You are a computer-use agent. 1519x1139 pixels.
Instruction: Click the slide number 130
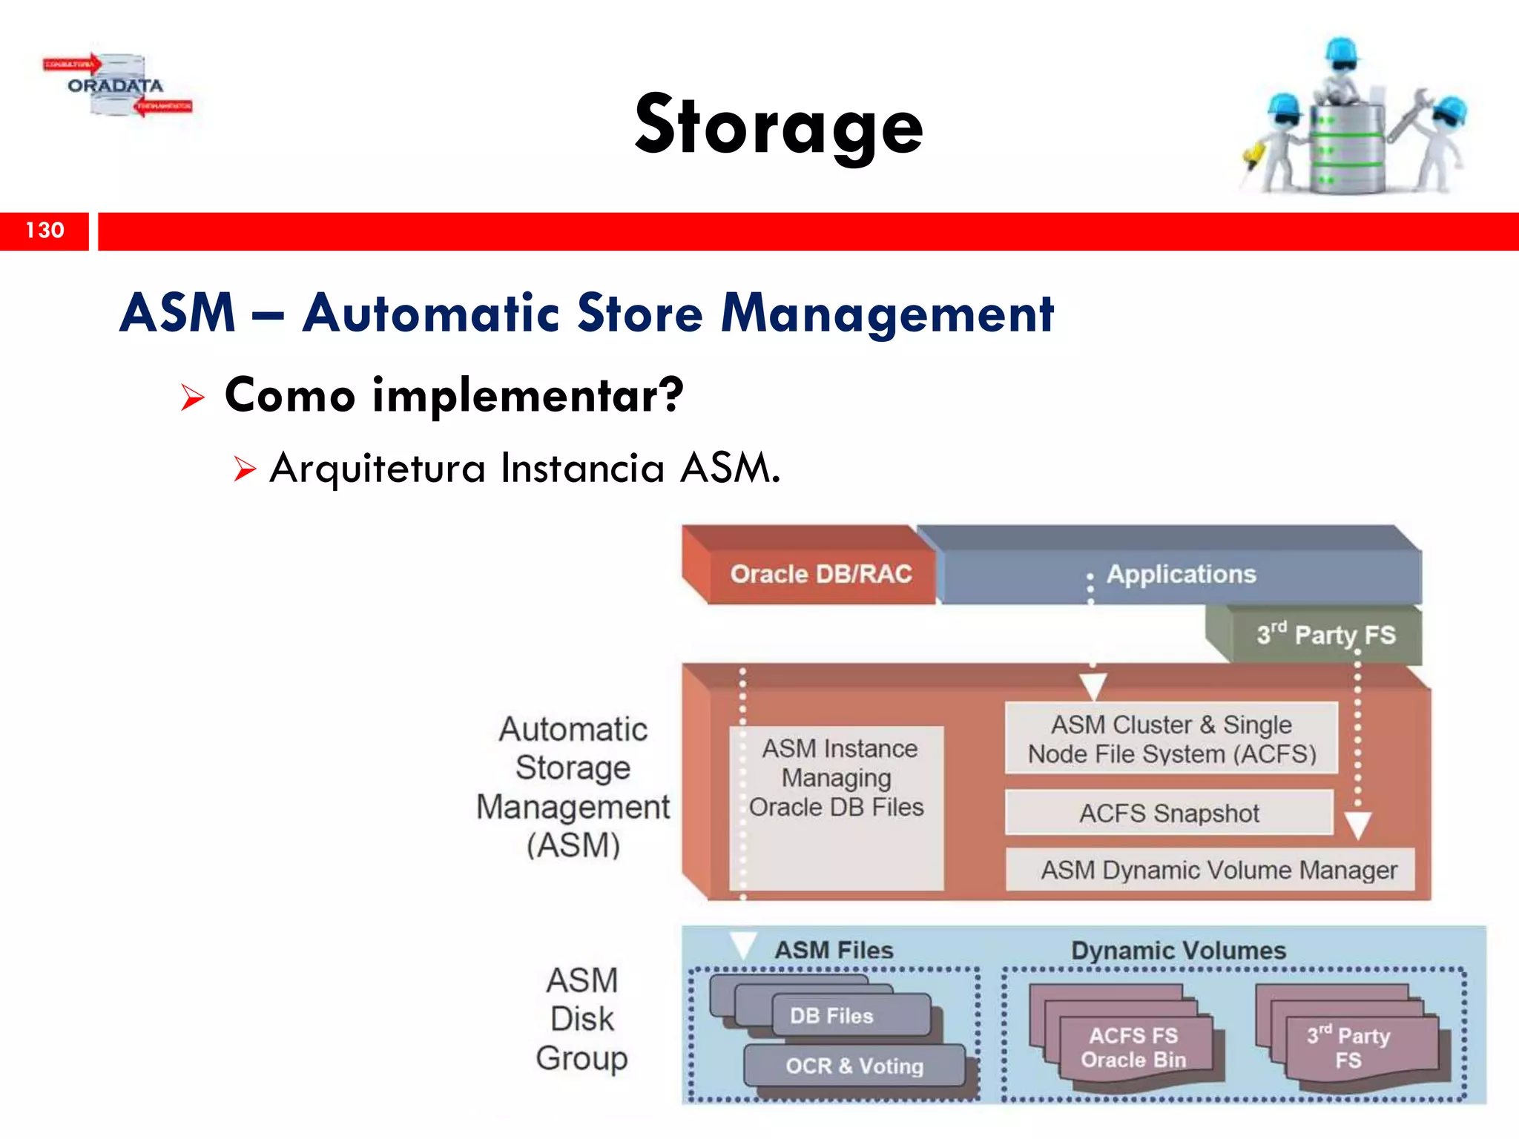[x=45, y=231]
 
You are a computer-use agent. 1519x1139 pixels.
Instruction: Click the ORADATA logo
[x=116, y=86]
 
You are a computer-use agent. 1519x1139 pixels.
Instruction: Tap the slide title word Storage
[x=779, y=126]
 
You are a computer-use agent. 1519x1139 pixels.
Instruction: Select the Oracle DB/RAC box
[x=820, y=574]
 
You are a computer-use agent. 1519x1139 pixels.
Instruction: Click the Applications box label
[x=1181, y=574]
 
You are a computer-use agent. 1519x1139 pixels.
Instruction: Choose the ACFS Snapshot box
[x=1169, y=813]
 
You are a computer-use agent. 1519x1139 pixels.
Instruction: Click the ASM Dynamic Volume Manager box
[x=1218, y=870]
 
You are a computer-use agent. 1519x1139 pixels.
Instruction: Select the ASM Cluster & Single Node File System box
[x=1171, y=739]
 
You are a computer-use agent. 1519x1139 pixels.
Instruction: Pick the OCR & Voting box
[x=854, y=1066]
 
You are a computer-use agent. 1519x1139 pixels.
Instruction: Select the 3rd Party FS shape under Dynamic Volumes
[x=1348, y=1047]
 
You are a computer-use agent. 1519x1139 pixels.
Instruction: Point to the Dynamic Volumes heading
[x=1178, y=951]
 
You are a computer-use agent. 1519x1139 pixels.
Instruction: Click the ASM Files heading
[x=834, y=951]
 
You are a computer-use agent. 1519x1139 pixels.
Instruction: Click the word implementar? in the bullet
[x=527, y=396]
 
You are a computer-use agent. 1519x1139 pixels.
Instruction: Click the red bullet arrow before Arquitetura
[x=244, y=469]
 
